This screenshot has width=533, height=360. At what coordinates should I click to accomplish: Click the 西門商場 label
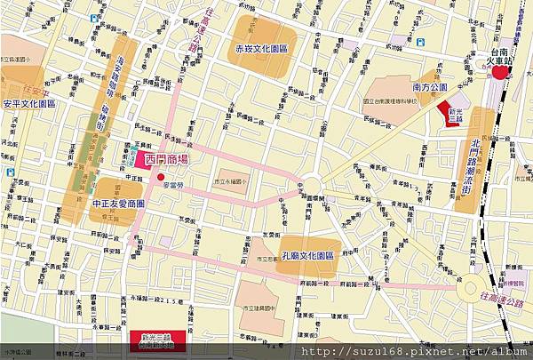166,160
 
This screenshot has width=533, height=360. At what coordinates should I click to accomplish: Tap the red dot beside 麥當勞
161,178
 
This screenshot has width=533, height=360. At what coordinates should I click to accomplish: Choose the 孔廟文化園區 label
308,254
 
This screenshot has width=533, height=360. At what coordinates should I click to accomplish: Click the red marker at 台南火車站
502,72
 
